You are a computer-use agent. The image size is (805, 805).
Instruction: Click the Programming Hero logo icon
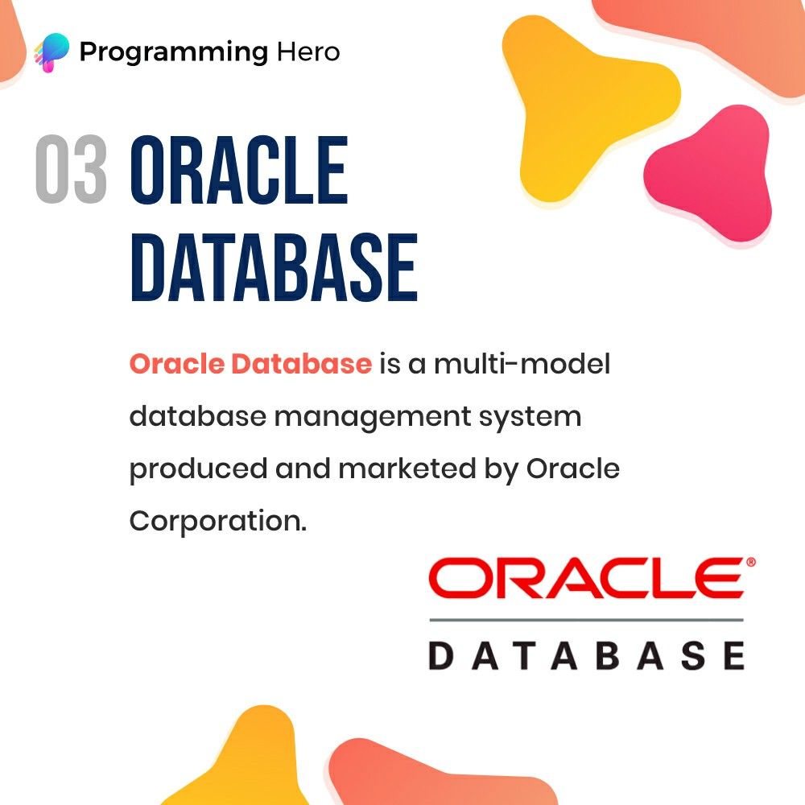tap(52, 52)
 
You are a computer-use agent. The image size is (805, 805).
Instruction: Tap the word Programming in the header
tap(174, 53)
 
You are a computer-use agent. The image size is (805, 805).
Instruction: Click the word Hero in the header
tap(308, 52)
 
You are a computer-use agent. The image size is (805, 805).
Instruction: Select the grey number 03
tap(72, 169)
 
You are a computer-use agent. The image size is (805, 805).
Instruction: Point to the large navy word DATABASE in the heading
tap(275, 267)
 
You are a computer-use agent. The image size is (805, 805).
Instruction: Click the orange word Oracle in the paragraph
tap(177, 364)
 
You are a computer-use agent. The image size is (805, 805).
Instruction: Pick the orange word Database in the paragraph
tap(301, 364)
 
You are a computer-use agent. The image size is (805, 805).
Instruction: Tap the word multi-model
tap(522, 364)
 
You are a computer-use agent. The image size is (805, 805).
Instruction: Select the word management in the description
tap(373, 417)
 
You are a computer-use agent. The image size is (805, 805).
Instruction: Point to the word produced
tap(198, 469)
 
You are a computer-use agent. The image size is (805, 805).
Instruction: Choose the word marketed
tap(407, 469)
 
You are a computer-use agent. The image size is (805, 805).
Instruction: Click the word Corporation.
tap(218, 522)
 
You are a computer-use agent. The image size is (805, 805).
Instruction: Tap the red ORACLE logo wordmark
tap(586, 578)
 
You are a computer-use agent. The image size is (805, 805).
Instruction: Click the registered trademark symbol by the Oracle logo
tap(751, 562)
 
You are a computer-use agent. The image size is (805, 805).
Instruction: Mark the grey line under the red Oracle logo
tap(586, 620)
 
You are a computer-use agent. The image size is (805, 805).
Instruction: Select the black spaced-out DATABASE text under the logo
tap(586, 655)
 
